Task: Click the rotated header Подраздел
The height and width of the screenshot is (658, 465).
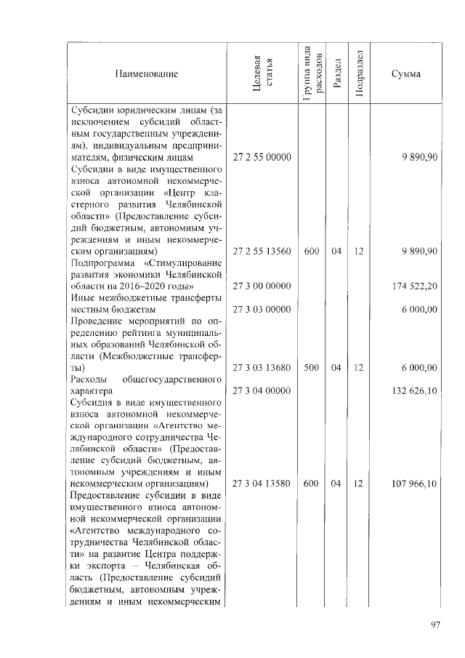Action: pyautogui.click(x=360, y=74)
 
